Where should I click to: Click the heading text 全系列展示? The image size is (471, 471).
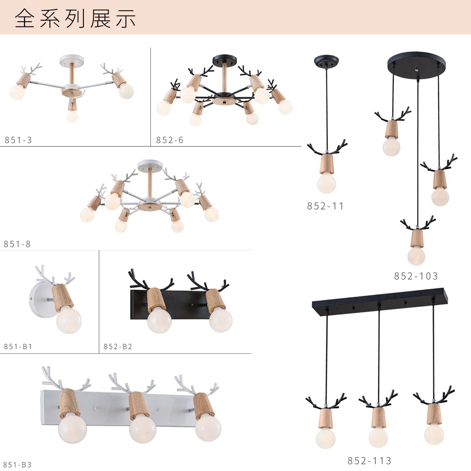(x=75, y=19)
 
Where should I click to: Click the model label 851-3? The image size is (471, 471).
(x=18, y=140)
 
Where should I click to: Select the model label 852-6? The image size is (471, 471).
(x=170, y=140)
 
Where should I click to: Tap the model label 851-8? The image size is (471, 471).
(x=17, y=244)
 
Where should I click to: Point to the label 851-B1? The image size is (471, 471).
(x=18, y=346)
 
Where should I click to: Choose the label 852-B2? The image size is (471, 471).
(x=118, y=346)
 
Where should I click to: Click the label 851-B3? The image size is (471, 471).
(x=17, y=464)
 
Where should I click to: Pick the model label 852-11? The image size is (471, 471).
(x=325, y=206)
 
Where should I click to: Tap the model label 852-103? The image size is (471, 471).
(x=416, y=276)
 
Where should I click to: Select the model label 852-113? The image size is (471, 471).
(x=369, y=461)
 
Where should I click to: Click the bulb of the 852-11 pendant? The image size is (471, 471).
(x=326, y=184)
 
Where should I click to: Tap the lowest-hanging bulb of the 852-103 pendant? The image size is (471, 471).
(x=416, y=256)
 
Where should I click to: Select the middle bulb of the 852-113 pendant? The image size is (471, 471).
(x=378, y=437)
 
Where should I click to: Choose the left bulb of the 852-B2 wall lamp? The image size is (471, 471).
(x=160, y=320)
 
